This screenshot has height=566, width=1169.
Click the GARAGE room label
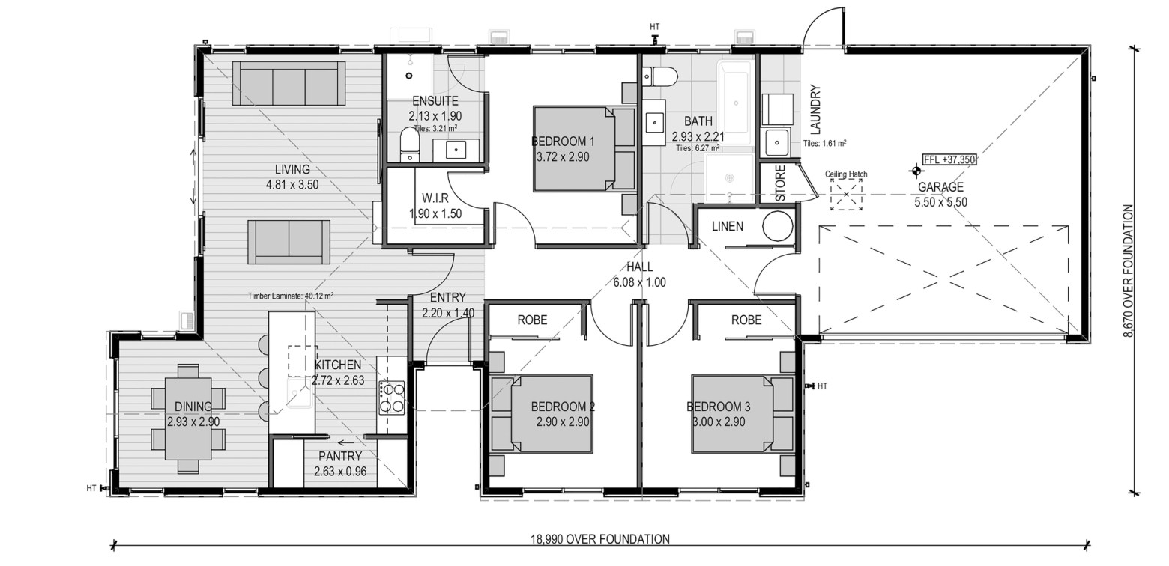pos(940,187)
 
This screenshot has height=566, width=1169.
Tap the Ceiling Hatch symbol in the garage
pos(846,195)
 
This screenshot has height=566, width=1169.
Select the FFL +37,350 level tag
pos(949,159)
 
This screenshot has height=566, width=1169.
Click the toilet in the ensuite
pos(409,144)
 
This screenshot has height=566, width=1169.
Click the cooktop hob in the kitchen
pos(392,397)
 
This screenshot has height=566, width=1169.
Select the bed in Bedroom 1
pos(584,148)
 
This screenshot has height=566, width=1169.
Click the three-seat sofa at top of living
pos(289,83)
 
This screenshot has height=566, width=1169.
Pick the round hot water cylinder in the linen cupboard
pos(778,226)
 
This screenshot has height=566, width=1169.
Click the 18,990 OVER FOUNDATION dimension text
pos(600,539)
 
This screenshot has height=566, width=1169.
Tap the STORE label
pos(780,183)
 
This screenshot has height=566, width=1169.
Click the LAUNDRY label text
pos(816,109)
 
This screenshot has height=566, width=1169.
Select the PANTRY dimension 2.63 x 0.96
pos(340,472)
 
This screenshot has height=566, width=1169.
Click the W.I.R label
pos(435,198)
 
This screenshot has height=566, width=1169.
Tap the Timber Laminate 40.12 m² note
pos(291,296)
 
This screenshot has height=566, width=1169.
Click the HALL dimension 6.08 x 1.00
pos(639,282)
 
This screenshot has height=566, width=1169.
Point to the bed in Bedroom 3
pos(743,413)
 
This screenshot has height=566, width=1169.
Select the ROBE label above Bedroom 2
pos(532,320)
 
